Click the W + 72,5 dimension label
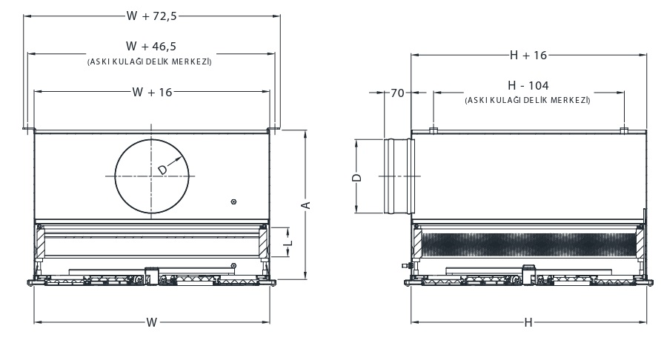pyautogui.click(x=153, y=14)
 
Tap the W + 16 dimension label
pyautogui.click(x=151, y=92)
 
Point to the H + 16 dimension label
pyautogui.click(x=528, y=55)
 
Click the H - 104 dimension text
pyautogui.click(x=528, y=86)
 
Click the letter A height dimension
pyautogui.click(x=304, y=204)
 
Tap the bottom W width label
pyautogui.click(x=151, y=322)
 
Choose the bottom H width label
pyautogui.click(x=528, y=322)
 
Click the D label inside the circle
pyautogui.click(x=163, y=170)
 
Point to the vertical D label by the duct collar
pyautogui.click(x=356, y=178)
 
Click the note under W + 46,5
pyautogui.click(x=150, y=62)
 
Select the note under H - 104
pyautogui.click(x=528, y=99)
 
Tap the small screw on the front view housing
pyautogui.click(x=234, y=201)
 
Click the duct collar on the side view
pyautogui.click(x=399, y=176)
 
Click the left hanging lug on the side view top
pyautogui.click(x=434, y=131)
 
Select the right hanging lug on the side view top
pyautogui.click(x=623, y=131)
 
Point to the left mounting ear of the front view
pyautogui.click(x=27, y=131)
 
